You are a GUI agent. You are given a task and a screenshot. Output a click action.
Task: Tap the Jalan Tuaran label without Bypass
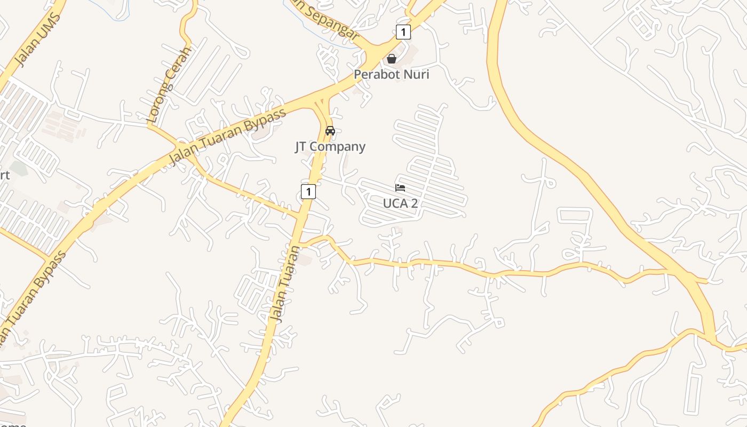click(x=285, y=284)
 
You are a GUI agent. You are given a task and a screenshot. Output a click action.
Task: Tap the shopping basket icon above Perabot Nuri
click(x=392, y=59)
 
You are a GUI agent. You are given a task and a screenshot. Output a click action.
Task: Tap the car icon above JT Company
click(x=330, y=131)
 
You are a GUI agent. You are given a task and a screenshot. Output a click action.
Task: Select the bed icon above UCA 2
click(x=400, y=187)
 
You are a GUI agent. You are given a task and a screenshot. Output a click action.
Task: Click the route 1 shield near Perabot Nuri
click(x=403, y=32)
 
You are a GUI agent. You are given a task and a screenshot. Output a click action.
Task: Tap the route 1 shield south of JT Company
click(x=308, y=191)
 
